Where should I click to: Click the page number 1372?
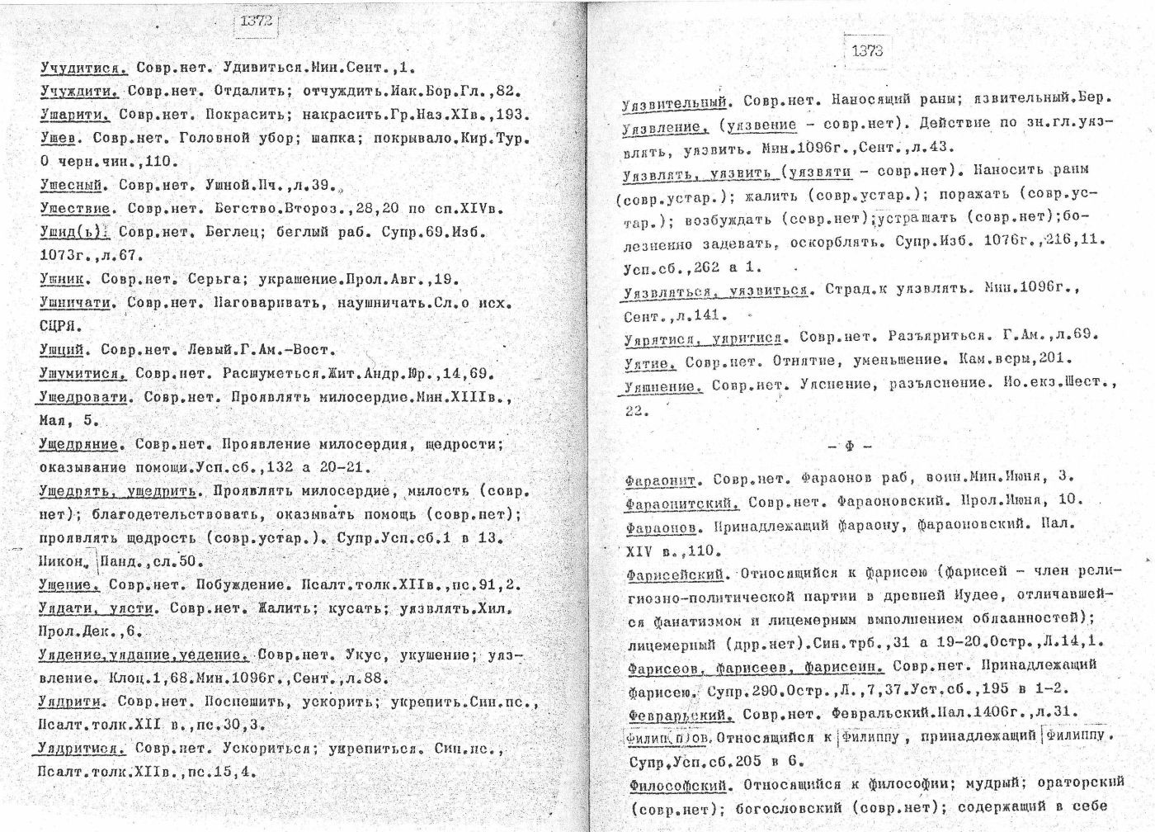click(257, 22)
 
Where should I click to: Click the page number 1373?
click(867, 50)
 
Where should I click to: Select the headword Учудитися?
click(82, 68)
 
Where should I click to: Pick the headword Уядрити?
click(69, 702)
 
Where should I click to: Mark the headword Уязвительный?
click(674, 102)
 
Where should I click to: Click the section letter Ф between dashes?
click(849, 447)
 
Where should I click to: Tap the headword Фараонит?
click(662, 479)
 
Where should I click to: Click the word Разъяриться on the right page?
click(936, 336)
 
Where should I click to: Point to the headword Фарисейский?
click(675, 572)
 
